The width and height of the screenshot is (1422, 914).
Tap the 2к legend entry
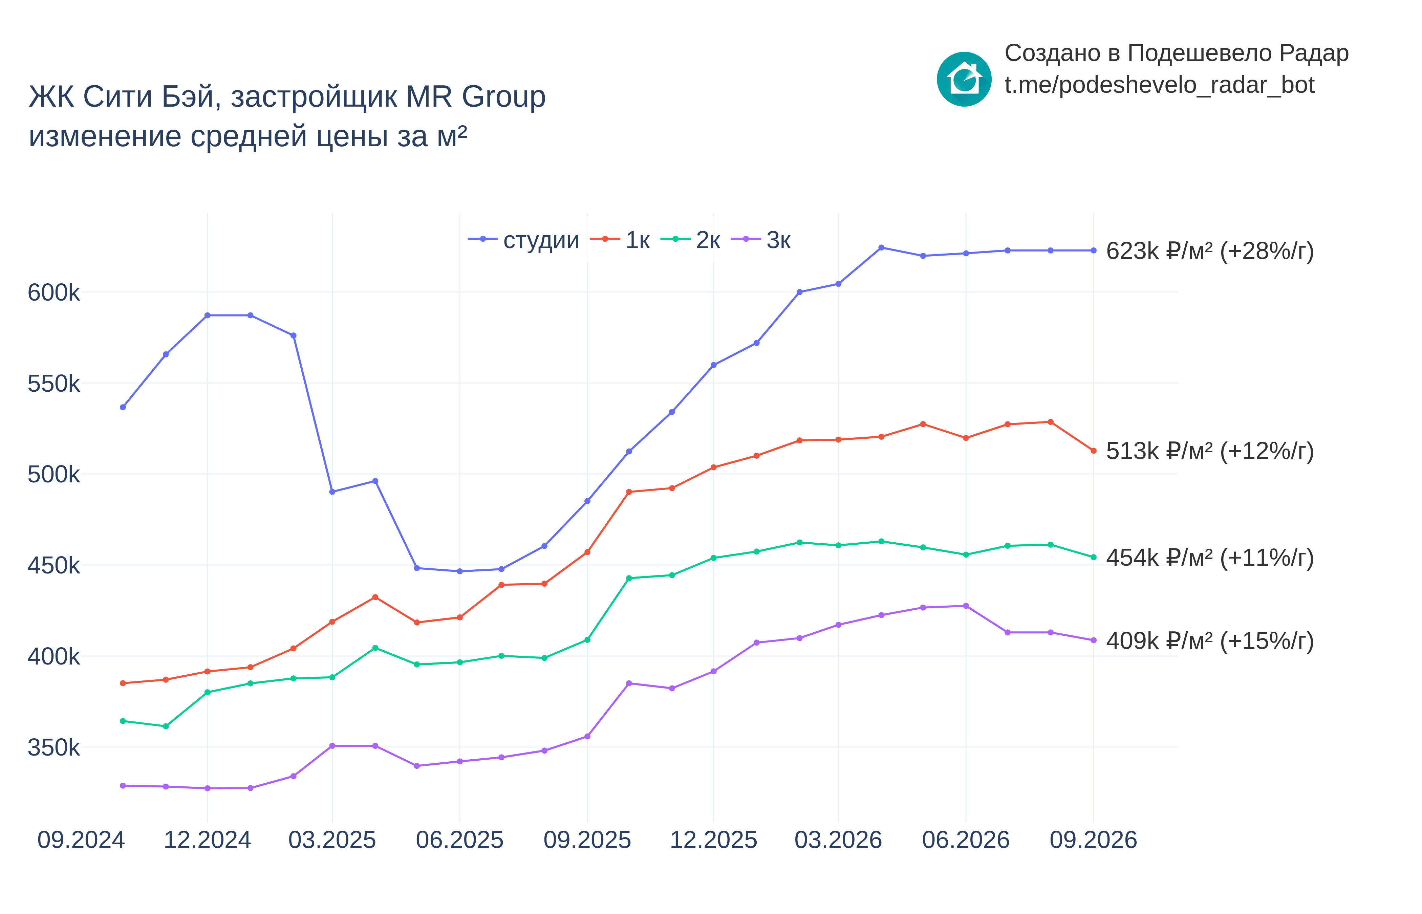(x=690, y=240)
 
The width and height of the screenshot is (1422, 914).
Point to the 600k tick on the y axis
(x=53, y=292)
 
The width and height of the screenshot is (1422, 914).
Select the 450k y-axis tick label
(x=53, y=566)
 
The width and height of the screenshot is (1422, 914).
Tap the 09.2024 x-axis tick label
(x=81, y=840)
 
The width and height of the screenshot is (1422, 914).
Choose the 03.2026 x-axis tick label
(x=838, y=840)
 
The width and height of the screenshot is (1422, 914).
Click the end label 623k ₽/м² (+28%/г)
(x=1209, y=251)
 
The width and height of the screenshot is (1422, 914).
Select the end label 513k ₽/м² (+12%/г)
(x=1209, y=451)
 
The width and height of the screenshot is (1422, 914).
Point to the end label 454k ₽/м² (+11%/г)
(x=1209, y=557)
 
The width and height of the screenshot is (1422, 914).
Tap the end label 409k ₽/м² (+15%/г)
(x=1209, y=641)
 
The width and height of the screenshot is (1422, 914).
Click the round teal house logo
(x=964, y=79)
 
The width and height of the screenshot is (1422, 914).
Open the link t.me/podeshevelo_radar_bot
(x=1159, y=85)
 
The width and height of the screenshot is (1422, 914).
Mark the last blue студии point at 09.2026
(x=1093, y=251)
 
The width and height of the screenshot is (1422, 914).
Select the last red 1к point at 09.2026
(x=1093, y=451)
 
